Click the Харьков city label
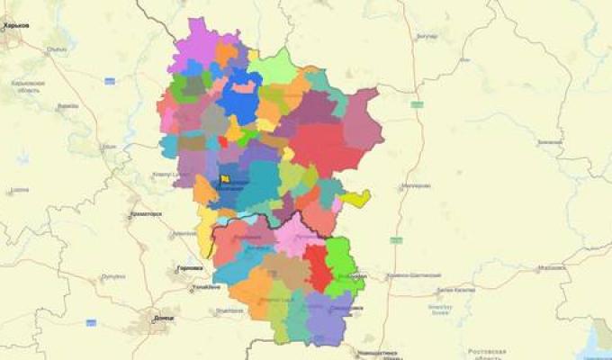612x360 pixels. [17, 26]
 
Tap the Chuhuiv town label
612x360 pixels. [56, 38]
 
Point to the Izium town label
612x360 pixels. [109, 146]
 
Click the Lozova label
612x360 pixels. [20, 191]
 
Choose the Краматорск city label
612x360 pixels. [145, 214]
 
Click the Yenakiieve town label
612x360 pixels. [206, 287]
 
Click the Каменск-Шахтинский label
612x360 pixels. [414, 274]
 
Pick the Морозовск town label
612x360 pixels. [552, 267]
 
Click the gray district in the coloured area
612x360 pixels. [212, 121]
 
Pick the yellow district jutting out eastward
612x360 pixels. [355, 199]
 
